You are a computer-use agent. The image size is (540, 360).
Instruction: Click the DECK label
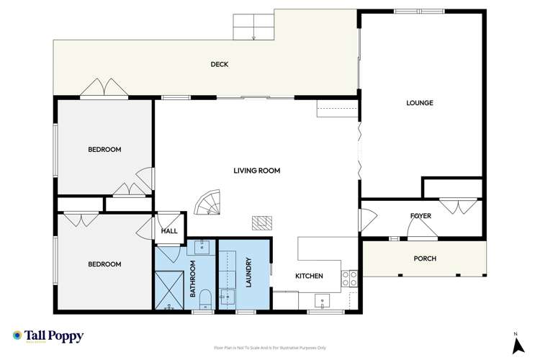[220, 64]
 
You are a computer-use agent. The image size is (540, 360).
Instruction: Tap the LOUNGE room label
[420, 103]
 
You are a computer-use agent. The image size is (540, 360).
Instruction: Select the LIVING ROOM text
[256, 171]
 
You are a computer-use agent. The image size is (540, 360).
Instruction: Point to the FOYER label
[420, 216]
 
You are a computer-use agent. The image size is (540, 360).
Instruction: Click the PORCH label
[424, 258]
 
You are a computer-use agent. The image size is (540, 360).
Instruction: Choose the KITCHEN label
[308, 276]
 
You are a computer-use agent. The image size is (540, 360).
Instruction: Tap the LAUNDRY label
[247, 274]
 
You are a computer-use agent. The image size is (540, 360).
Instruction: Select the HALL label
[169, 231]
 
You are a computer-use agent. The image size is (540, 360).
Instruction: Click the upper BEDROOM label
[104, 150]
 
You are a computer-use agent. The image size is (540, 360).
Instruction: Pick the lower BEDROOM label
[104, 264]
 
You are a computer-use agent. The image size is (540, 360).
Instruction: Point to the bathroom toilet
[204, 299]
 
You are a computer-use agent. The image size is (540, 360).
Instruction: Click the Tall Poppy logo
[48, 336]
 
